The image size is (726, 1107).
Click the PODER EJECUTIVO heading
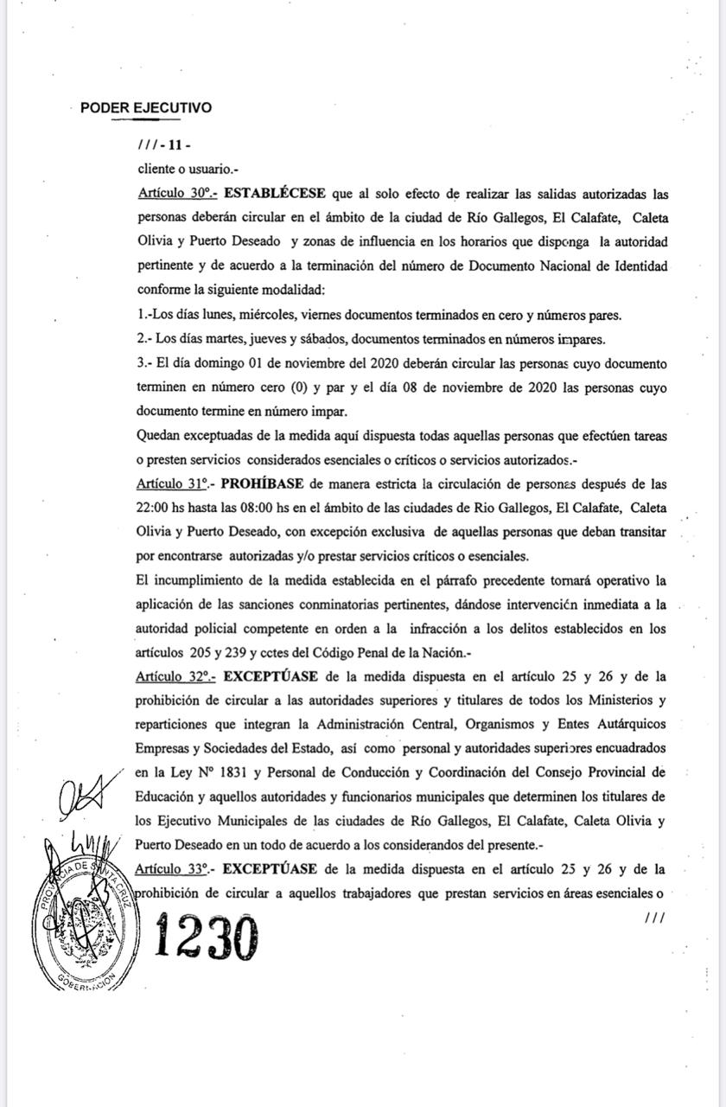[x=145, y=108]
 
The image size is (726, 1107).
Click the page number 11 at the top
[x=175, y=145]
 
